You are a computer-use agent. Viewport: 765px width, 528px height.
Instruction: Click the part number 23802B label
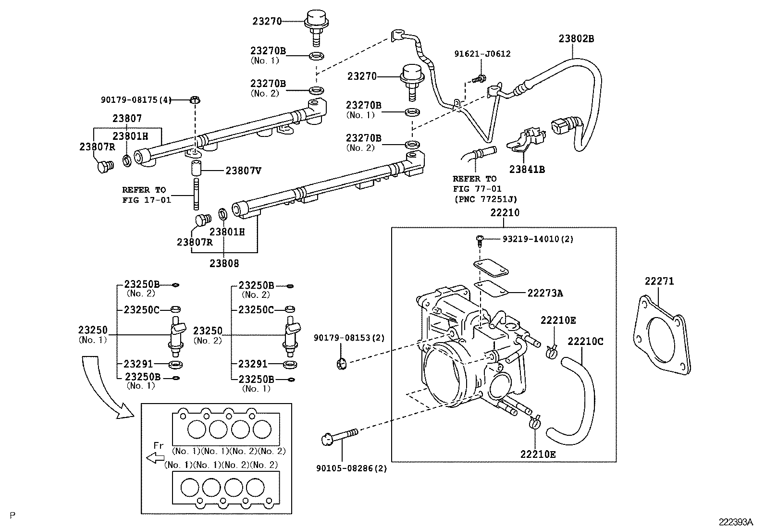(x=576, y=39)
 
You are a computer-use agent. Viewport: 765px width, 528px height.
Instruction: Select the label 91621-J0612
(x=482, y=54)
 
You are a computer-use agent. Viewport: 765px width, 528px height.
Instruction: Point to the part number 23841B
(x=527, y=169)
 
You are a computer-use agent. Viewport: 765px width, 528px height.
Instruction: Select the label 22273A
(x=544, y=293)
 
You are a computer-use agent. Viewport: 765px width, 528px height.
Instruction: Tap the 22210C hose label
(x=585, y=342)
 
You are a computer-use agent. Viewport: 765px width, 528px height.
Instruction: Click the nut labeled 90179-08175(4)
(x=195, y=100)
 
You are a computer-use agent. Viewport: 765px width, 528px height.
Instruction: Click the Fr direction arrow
(x=155, y=458)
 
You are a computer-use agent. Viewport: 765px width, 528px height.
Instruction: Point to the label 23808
(x=224, y=263)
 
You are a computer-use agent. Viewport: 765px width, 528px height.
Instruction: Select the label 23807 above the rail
(x=127, y=118)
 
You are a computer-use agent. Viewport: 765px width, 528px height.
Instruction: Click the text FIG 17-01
(x=147, y=200)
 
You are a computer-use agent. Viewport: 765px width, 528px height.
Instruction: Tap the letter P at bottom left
(x=12, y=516)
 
